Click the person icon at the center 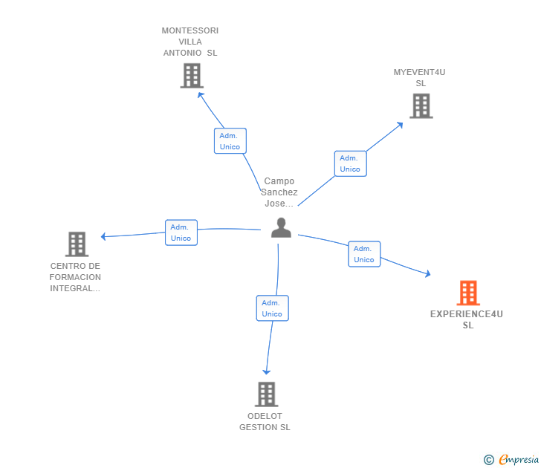pos(281,227)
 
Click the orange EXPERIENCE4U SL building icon pos(468,293)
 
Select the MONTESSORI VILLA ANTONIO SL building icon pos(192,75)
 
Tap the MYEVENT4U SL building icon pos(421,106)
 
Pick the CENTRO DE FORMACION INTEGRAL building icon pos(77,244)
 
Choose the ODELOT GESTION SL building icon pos(266,394)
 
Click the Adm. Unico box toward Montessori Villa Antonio pos(230,141)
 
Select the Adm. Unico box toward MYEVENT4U pos(350,163)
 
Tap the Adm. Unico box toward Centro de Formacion pos(181,233)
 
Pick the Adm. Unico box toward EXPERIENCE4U pos(364,254)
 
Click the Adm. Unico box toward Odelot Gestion pos(272,308)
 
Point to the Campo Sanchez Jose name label pos(279,192)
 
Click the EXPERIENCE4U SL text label pos(467,319)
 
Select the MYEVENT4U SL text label pos(420,77)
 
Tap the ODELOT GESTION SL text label pos(265,421)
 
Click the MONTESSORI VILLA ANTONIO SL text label pos(190,42)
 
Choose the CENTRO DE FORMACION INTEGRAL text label pos(75,277)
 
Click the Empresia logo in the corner pos(511,460)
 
